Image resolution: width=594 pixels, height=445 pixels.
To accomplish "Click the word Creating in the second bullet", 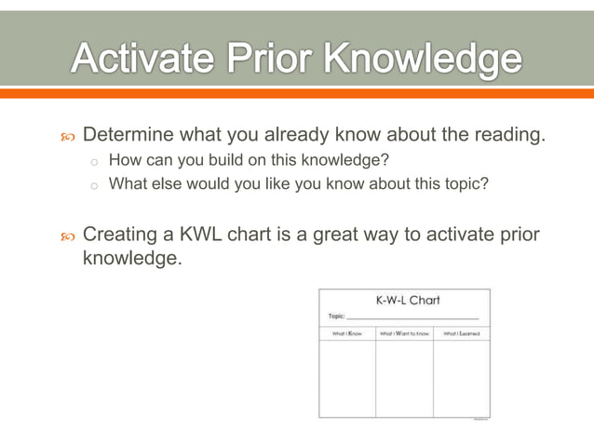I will [x=121, y=235].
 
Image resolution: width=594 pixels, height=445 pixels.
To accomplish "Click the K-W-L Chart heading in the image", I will [x=407, y=301].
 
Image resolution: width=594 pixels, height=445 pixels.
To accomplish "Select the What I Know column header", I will [x=346, y=333].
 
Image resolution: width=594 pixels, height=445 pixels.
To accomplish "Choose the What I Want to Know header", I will [x=404, y=333].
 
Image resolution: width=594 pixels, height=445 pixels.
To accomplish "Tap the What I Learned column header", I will [x=462, y=333].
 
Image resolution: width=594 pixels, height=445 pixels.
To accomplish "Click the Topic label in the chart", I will [x=337, y=316].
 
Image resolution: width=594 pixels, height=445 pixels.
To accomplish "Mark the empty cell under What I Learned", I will [x=462, y=378].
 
